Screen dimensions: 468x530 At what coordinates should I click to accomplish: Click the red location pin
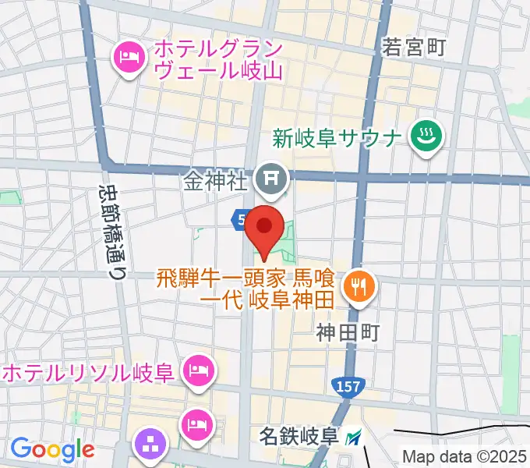(x=264, y=228)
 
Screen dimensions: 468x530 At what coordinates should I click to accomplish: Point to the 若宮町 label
(x=413, y=48)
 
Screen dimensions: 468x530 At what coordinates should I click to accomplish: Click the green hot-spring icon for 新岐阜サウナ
(x=426, y=138)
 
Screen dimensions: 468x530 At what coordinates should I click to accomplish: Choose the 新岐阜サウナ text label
(x=337, y=139)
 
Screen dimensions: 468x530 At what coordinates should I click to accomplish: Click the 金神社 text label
(x=217, y=182)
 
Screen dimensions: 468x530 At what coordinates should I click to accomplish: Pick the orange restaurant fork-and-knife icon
(x=359, y=286)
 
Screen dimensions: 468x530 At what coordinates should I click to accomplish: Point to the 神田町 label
(x=348, y=333)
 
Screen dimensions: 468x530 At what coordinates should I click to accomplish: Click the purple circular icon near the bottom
(x=150, y=445)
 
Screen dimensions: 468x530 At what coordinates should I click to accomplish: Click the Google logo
(x=51, y=449)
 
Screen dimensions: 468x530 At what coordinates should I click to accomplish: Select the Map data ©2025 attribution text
(x=465, y=457)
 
